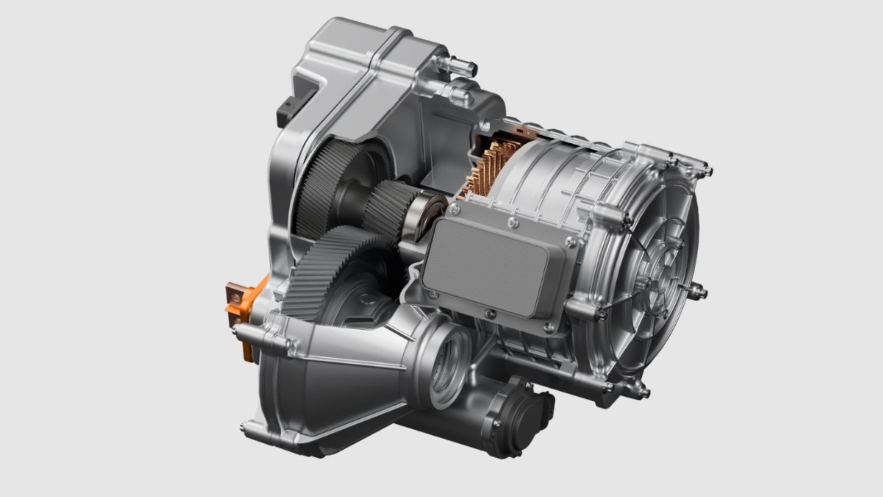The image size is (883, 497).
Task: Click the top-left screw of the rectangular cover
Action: (x=455, y=209)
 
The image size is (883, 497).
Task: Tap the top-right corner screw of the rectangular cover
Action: (x=570, y=242)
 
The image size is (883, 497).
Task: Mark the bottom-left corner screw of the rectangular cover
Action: (x=432, y=294)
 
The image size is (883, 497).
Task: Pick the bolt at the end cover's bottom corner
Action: (x=643, y=392)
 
